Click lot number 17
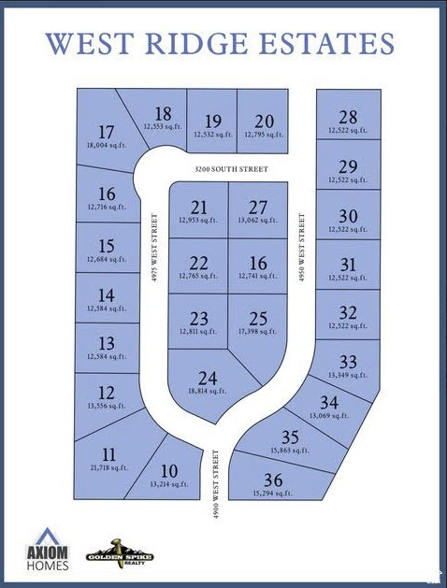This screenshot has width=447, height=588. click(106, 132)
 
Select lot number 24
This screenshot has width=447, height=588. click(208, 379)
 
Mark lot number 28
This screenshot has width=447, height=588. click(348, 117)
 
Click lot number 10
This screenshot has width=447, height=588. click(169, 470)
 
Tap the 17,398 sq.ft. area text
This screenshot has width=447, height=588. click(256, 331)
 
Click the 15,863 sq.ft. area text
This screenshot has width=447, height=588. click(289, 450)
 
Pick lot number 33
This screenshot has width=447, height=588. click(348, 361)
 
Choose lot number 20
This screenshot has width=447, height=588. click(264, 121)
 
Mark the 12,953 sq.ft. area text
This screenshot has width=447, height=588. click(198, 220)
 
